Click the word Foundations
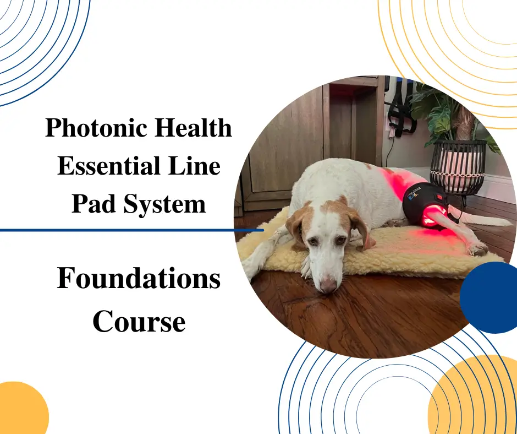[139, 279]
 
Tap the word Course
[139, 322]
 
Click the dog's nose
[329, 285]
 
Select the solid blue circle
[490, 297]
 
